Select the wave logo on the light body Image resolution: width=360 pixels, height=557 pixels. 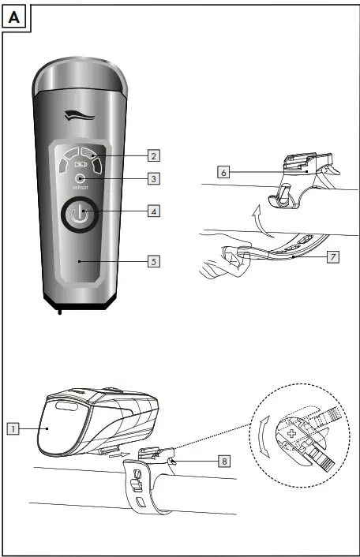pyautogui.click(x=79, y=117)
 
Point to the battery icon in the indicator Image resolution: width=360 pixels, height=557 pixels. pyautogui.click(x=79, y=166)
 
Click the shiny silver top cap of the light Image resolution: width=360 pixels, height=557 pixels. pyautogui.click(x=79, y=77)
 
